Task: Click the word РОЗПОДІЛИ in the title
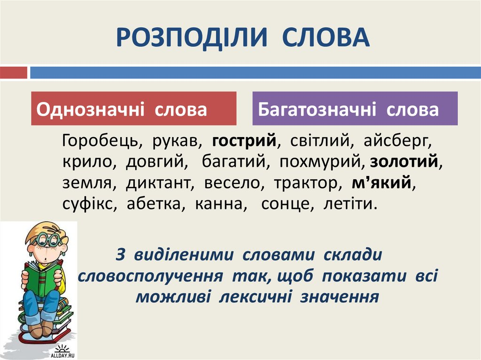click(192, 38)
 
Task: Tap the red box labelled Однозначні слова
click(134, 108)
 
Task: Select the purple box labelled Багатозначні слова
click(355, 108)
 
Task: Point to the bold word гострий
click(244, 141)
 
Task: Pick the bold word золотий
click(403, 161)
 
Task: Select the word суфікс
click(88, 204)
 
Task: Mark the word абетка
click(154, 204)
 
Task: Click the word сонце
click(285, 204)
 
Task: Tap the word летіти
click(348, 204)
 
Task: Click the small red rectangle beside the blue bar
click(14, 73)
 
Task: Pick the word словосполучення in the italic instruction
click(150, 276)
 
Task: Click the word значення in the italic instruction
click(339, 297)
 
